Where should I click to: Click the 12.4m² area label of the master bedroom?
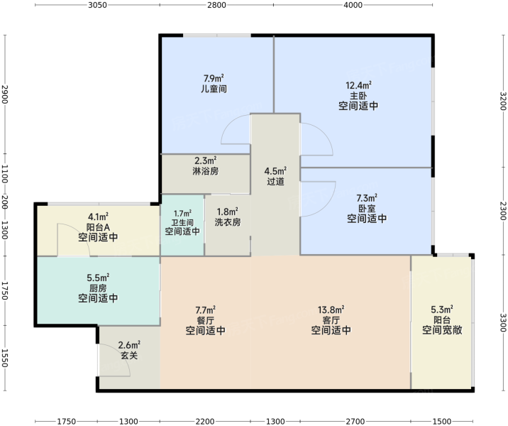358,86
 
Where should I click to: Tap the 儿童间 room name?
214,89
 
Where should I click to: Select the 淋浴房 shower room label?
206,171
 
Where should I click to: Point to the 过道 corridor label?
275,181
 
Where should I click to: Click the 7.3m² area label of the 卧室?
367,198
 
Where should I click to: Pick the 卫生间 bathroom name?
182,223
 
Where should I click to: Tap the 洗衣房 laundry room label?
228,222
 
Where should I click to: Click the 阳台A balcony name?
98,227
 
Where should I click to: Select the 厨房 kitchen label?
98,288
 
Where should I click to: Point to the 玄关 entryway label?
129,355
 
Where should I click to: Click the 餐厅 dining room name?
206,320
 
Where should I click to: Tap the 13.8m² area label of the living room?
331,310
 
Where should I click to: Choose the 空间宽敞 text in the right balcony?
442,330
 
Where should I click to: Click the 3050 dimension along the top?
97,5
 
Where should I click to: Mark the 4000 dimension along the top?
353,5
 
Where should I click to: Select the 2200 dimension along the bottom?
205,422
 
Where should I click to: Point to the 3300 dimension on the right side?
503,322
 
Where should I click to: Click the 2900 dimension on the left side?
4,94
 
